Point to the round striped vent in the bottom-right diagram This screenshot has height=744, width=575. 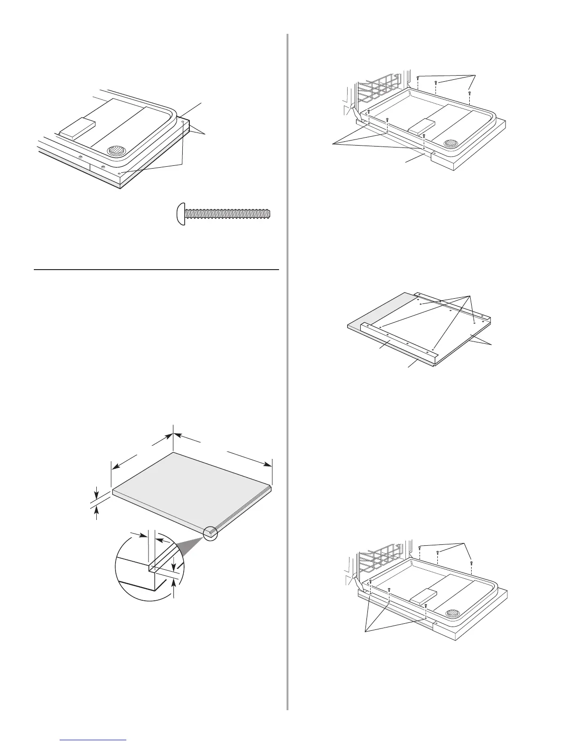tap(452, 614)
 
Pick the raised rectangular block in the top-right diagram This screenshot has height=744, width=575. tap(421, 125)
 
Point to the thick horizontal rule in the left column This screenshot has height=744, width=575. tap(156, 270)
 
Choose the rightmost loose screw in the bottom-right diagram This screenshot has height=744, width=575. tap(471, 563)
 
